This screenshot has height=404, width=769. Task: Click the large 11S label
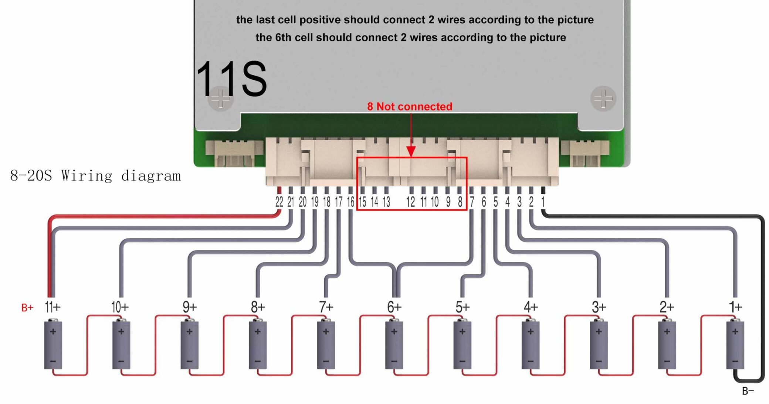click(231, 79)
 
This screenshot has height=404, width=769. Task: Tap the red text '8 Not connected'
click(409, 106)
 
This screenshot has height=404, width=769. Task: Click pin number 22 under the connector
click(279, 202)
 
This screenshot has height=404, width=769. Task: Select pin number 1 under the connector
click(543, 202)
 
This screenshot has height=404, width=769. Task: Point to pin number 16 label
click(350, 202)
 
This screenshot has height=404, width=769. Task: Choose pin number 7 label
click(472, 202)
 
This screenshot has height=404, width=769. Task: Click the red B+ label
click(27, 308)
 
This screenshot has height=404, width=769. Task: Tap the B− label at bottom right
click(748, 391)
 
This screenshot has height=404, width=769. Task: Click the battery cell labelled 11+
click(53, 345)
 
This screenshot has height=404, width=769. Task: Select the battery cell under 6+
click(394, 345)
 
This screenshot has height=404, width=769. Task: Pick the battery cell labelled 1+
click(735, 345)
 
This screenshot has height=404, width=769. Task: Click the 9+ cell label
click(190, 307)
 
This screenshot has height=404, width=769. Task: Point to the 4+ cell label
click(531, 307)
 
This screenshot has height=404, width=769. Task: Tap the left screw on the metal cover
click(220, 99)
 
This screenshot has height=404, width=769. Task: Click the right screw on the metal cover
click(603, 99)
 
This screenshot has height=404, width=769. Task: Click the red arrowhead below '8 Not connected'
click(411, 151)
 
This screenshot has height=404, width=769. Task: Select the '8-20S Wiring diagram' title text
click(95, 176)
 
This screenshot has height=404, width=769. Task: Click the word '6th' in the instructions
click(283, 38)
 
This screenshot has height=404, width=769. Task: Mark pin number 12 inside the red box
click(410, 202)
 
